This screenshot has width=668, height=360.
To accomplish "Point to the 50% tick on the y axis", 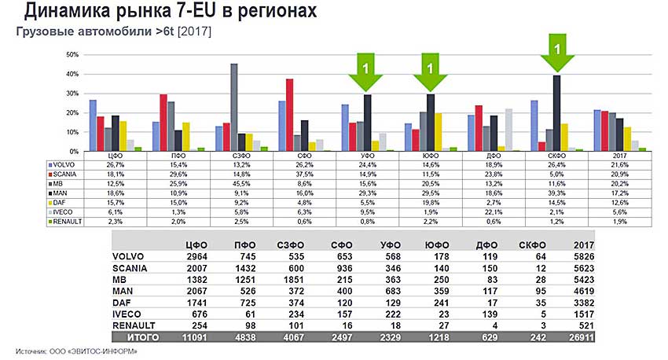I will click(x=73, y=55).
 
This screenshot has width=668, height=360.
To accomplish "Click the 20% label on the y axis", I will click(x=73, y=112).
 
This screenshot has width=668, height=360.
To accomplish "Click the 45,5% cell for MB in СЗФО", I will click(x=233, y=183).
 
